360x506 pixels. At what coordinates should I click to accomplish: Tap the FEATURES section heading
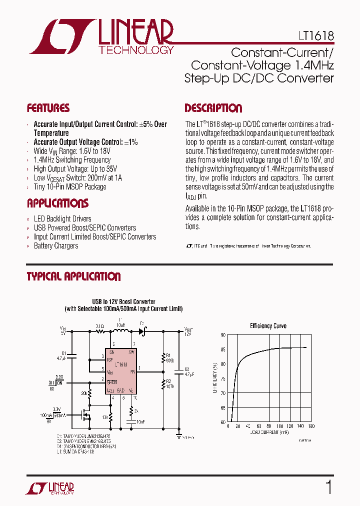click(x=48, y=108)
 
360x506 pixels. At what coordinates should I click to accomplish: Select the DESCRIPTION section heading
click(x=213, y=108)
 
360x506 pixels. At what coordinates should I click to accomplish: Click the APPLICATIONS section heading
click(x=57, y=203)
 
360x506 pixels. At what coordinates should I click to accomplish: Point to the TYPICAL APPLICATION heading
click(x=73, y=276)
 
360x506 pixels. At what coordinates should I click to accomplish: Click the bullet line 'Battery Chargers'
click(x=56, y=246)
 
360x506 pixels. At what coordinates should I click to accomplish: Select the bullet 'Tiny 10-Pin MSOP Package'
click(x=70, y=187)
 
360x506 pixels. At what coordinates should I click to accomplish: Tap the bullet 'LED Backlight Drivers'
click(x=62, y=219)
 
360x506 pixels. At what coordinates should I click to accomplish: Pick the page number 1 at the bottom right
click(x=328, y=487)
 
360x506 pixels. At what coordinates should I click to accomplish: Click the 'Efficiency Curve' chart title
click(x=268, y=326)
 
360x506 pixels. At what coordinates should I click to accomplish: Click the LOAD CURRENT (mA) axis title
click(x=266, y=432)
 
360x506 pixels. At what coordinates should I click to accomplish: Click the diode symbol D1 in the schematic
click(x=142, y=330)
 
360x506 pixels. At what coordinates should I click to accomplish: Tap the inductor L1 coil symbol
click(x=120, y=330)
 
